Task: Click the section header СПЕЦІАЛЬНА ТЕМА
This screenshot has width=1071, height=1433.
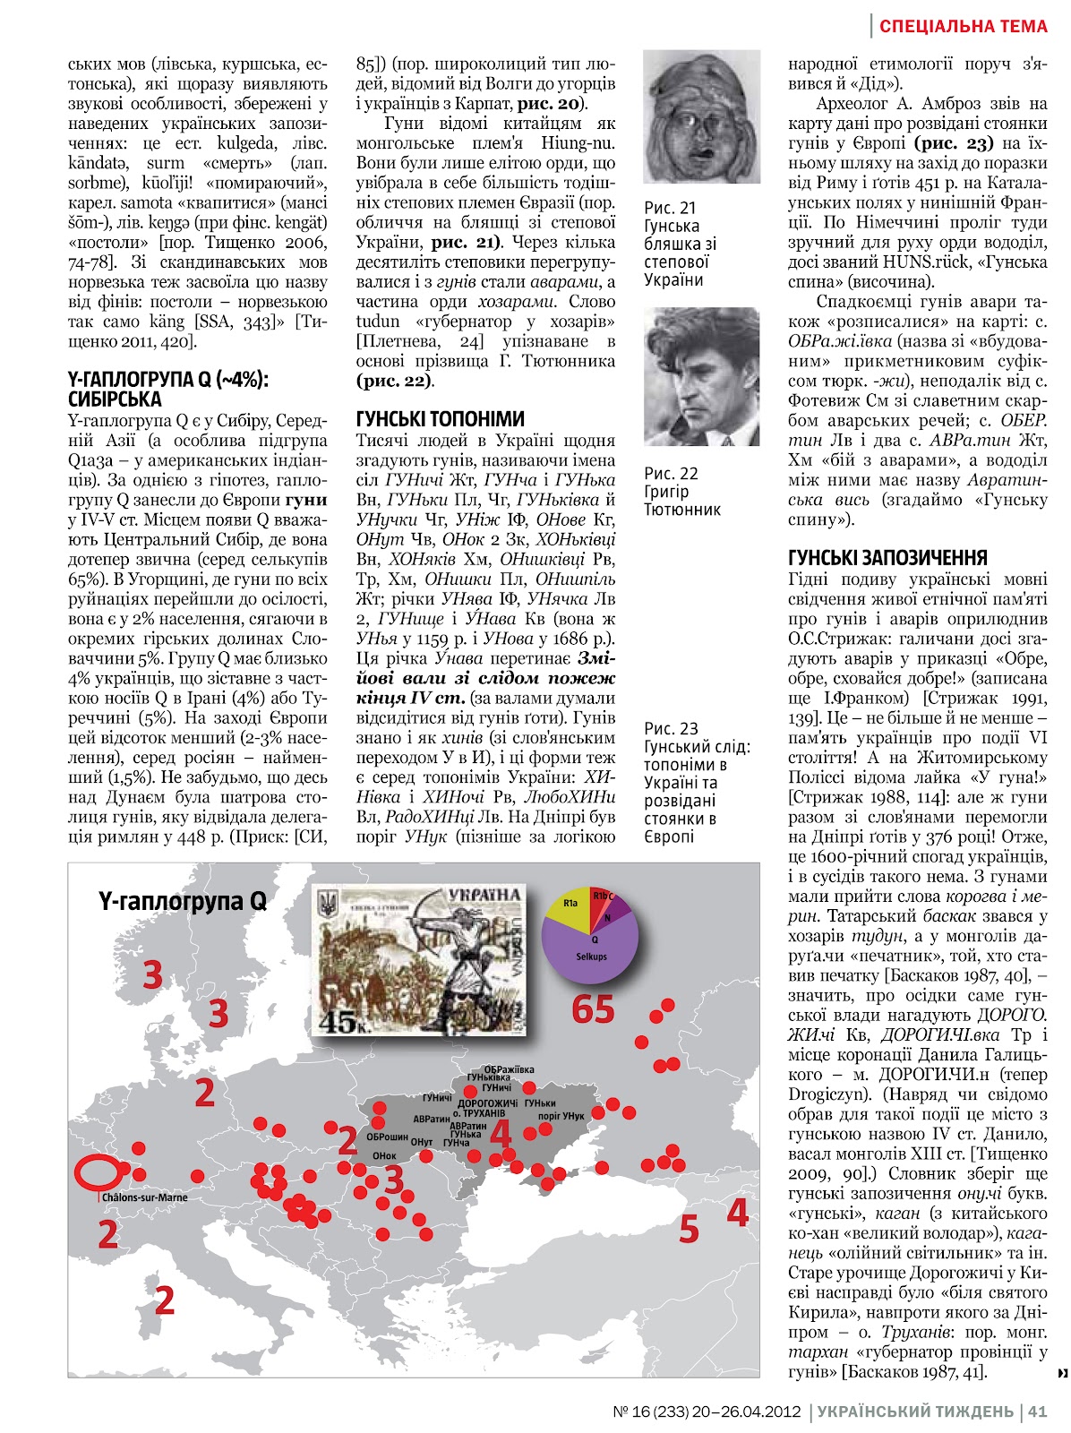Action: (x=963, y=26)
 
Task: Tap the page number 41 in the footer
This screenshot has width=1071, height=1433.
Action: (x=1037, y=1412)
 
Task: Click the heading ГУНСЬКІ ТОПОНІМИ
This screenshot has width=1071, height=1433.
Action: (x=440, y=418)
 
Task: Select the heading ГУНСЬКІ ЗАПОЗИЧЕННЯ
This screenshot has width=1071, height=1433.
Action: (x=887, y=557)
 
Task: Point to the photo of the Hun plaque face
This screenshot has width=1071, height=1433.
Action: (x=701, y=117)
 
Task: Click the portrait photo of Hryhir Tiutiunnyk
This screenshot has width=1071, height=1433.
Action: (x=701, y=376)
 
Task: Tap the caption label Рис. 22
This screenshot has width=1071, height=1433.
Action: (x=671, y=473)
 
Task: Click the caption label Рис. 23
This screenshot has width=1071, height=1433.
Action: (x=671, y=728)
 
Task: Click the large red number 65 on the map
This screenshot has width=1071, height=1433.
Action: (x=593, y=1009)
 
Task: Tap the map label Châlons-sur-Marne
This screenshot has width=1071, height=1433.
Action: (x=144, y=1197)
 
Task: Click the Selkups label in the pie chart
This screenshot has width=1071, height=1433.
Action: (x=591, y=957)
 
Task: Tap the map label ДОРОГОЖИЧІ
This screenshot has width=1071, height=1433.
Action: (x=487, y=1103)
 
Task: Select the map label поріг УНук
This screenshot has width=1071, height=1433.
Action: (x=561, y=1116)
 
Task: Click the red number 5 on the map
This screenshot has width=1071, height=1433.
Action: (x=688, y=1229)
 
